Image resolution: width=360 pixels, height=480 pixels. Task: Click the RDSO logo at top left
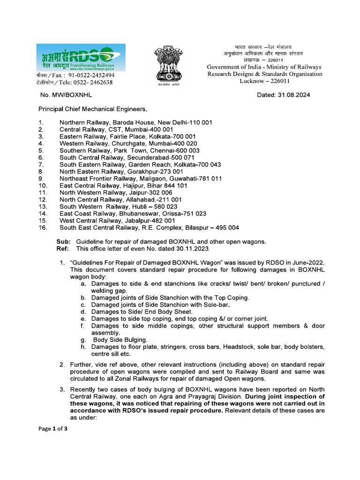click(x=81, y=57)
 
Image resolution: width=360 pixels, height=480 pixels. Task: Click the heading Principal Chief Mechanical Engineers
click(x=92, y=109)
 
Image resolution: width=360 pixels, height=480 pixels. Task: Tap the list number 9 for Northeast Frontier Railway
click(x=41, y=179)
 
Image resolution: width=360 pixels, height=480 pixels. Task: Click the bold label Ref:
click(x=63, y=248)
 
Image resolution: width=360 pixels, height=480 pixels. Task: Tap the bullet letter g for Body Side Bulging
click(x=82, y=339)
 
